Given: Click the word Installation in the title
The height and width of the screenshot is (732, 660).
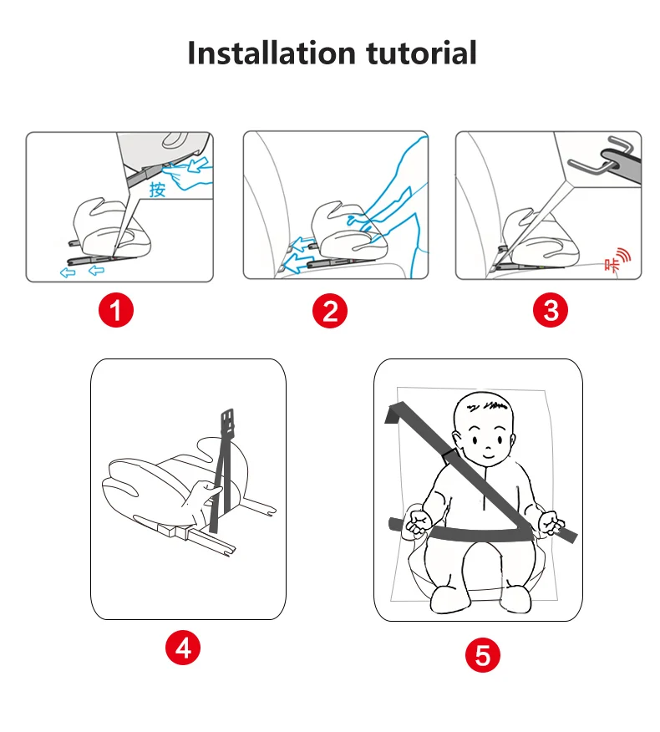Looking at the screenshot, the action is tap(272, 53).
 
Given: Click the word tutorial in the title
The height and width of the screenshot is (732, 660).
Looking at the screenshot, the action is tap(421, 53).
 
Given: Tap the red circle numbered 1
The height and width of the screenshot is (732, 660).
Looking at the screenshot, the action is tap(116, 310).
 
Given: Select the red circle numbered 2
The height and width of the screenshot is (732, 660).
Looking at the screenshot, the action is tap(330, 311).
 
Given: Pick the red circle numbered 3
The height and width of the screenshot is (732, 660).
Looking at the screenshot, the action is tap(551, 311).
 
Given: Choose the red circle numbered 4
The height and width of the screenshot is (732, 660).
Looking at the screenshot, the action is tap(183, 648).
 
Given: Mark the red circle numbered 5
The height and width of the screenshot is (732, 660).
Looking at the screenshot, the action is tap(483, 655).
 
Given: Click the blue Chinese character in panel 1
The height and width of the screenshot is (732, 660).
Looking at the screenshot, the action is tap(157, 190).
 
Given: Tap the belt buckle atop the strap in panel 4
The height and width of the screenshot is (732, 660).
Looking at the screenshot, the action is tap(227, 422).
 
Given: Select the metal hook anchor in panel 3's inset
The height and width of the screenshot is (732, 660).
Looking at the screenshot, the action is tap(600, 155).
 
